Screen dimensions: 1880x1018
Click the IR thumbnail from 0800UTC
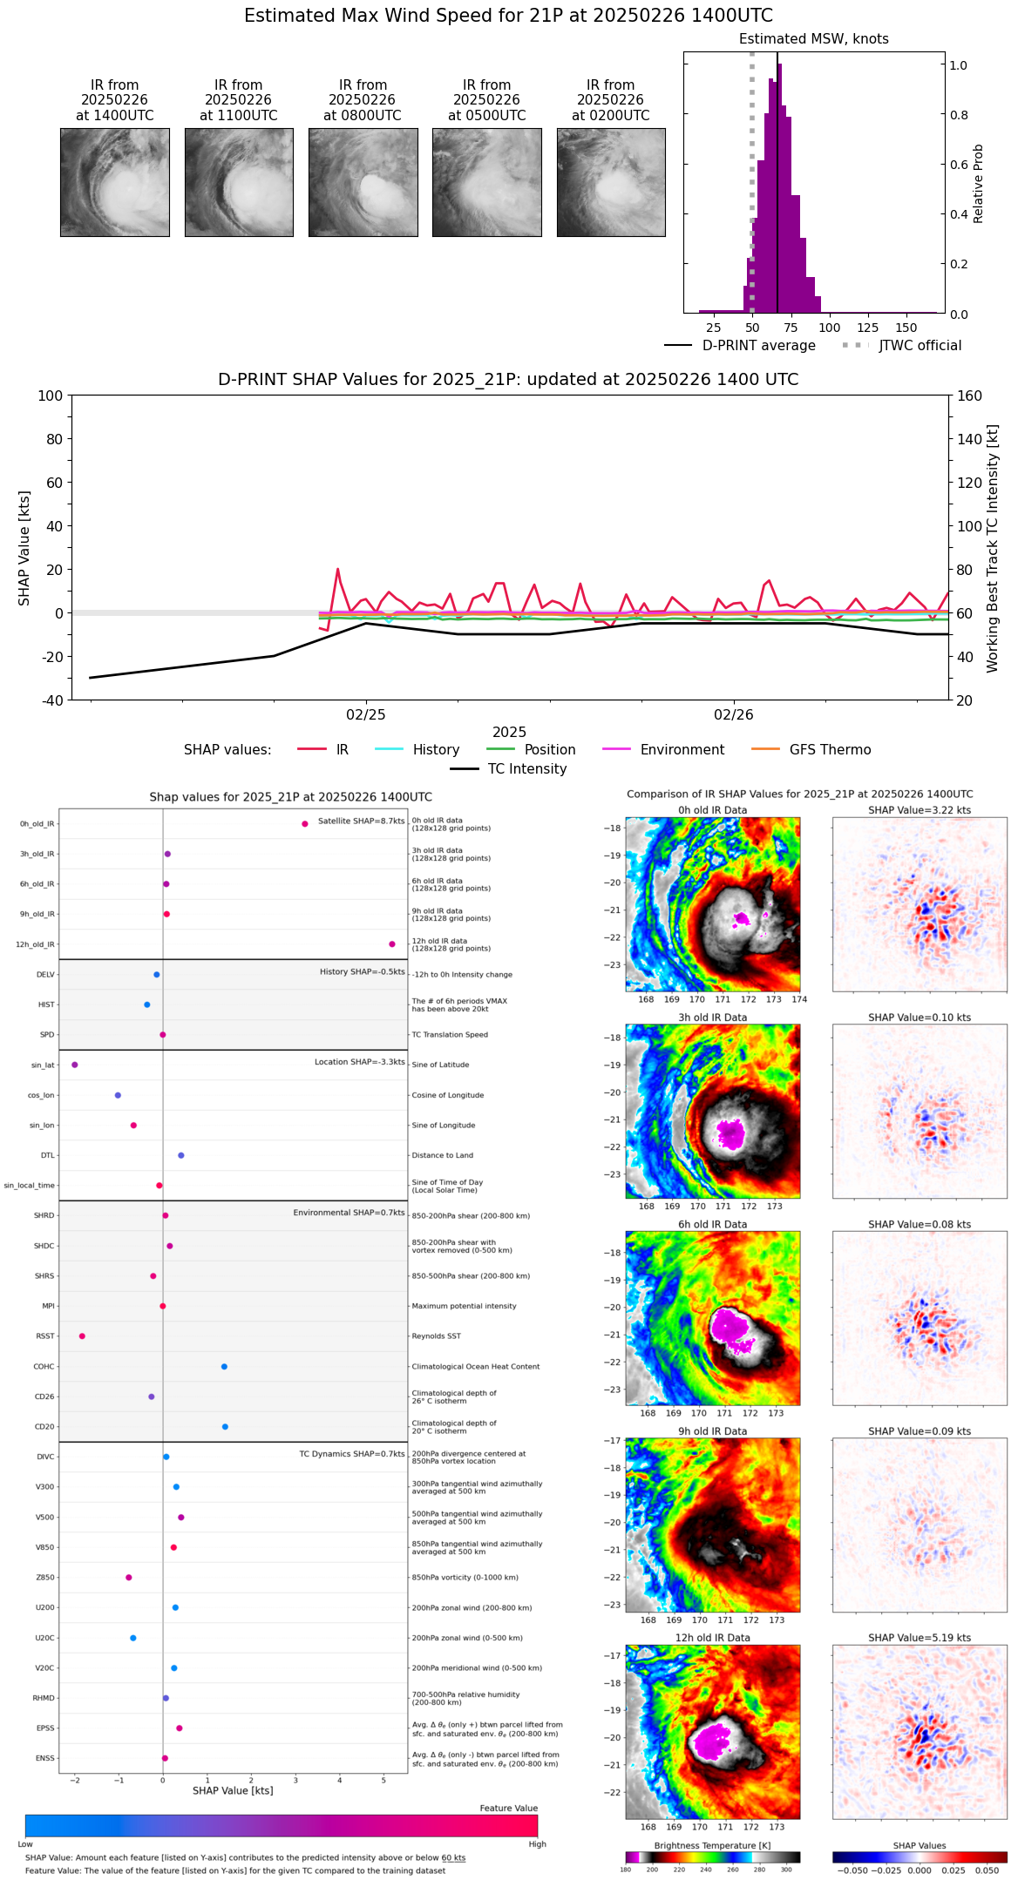click(363, 182)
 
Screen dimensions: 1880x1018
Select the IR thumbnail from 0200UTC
click(611, 182)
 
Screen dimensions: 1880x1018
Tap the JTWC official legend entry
click(920, 346)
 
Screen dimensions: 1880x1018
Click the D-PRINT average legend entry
click(758, 346)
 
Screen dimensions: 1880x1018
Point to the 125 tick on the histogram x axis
click(867, 328)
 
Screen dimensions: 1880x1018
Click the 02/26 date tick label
click(733, 715)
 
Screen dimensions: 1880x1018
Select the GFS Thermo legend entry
click(830, 750)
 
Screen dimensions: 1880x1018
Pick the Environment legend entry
click(682, 750)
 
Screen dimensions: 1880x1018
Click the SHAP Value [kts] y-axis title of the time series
click(24, 548)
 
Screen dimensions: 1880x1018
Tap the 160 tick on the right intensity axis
click(969, 396)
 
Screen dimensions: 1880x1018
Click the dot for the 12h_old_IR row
click(392, 944)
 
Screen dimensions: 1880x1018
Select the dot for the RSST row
click(82, 1336)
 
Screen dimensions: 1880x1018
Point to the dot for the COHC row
click(224, 1367)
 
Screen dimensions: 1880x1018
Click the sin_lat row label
click(43, 1065)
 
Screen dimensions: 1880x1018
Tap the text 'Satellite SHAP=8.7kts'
click(361, 822)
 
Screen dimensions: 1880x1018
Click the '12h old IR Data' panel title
click(712, 1639)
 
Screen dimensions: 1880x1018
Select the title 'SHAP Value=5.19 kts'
click(919, 1639)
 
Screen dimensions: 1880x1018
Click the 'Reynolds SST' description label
click(436, 1336)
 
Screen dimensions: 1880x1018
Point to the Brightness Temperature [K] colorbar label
click(712, 1846)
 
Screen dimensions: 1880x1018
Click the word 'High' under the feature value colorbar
click(537, 1844)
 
